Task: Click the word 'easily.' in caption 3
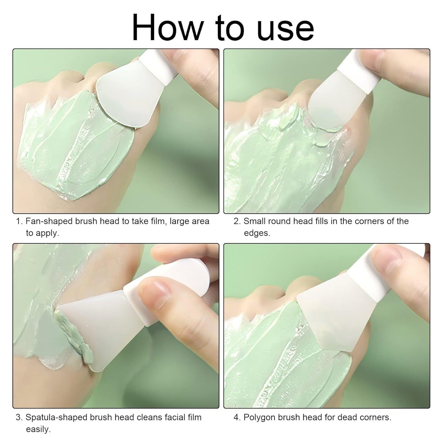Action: pos(38,430)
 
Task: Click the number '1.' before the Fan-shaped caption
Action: pos(19,221)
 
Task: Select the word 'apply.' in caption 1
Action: pos(42,233)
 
